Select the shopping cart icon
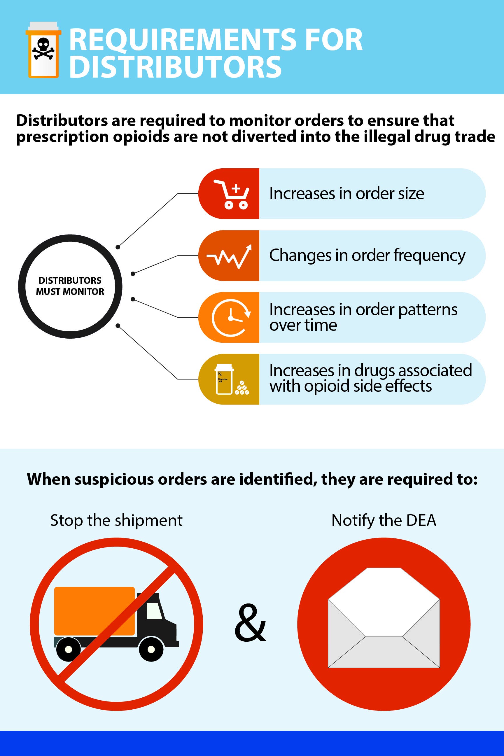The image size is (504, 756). point(231,194)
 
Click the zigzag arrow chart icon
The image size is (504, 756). point(229,256)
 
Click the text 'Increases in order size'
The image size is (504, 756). point(346,193)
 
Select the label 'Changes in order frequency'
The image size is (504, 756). point(367,256)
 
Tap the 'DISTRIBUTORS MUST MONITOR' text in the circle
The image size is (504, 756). point(70,286)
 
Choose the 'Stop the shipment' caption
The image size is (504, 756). point(116,520)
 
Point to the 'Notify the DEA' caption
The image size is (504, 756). point(384,520)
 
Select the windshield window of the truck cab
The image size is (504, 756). point(154,611)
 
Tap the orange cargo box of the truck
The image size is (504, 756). point(94,611)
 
